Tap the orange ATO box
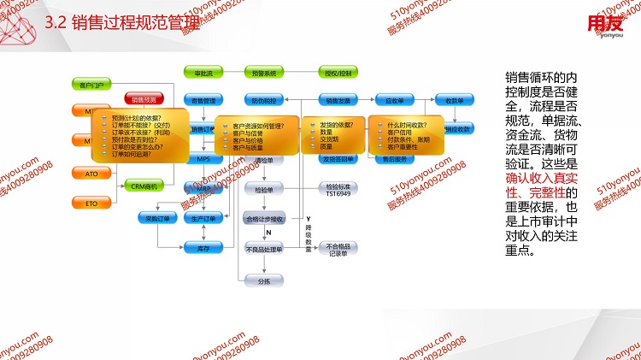coord(91,174)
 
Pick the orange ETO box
coord(91,204)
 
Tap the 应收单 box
coord(394,101)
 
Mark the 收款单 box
coord(454,101)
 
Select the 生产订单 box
coord(203,219)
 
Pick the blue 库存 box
coord(203,247)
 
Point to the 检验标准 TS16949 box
coord(337,189)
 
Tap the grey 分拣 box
coord(263,280)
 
